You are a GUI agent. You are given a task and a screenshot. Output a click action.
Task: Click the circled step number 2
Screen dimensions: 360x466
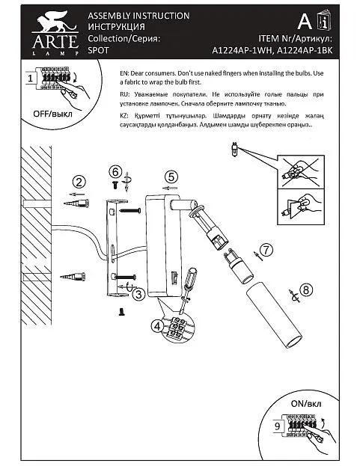coord(79,182)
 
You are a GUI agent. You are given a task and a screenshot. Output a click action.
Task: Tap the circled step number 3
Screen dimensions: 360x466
coord(138,294)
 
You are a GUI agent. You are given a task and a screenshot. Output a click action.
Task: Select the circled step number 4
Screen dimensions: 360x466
coord(157,326)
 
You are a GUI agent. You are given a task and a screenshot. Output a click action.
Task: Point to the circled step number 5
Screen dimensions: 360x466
coord(171,177)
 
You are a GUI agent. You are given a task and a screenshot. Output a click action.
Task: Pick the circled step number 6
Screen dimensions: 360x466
coord(115,172)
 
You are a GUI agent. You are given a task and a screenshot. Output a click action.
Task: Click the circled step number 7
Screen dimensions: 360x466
coord(266,251)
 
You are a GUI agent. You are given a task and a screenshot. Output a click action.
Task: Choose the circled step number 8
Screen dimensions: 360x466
coord(306,289)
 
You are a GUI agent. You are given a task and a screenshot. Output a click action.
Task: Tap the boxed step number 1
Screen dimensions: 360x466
coord(31,79)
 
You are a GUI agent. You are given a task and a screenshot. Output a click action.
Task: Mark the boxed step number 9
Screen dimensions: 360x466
coord(277,426)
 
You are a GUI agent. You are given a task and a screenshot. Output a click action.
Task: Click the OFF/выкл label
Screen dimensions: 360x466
coord(52,114)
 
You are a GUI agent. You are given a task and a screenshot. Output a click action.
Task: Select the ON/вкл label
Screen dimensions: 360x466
coord(306,404)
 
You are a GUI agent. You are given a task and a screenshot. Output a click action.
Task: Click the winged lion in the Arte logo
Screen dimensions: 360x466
coord(55,22)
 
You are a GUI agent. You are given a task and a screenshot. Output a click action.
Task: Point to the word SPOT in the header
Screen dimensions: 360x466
coord(98,50)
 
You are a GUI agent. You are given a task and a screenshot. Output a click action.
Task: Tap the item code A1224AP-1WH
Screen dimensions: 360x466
coord(242,51)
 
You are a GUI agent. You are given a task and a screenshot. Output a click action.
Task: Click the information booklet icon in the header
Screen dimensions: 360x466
coord(324,21)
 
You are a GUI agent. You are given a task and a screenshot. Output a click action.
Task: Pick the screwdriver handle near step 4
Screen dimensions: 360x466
coord(189,278)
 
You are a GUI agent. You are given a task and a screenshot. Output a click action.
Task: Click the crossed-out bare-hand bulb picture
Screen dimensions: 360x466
coord(301,171)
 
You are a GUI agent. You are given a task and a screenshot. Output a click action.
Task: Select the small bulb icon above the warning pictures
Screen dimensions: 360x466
coord(234,149)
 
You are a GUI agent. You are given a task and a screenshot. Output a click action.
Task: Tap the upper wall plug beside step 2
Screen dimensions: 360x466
coord(76,203)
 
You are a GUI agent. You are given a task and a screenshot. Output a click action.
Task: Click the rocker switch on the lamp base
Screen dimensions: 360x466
coord(174,278)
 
